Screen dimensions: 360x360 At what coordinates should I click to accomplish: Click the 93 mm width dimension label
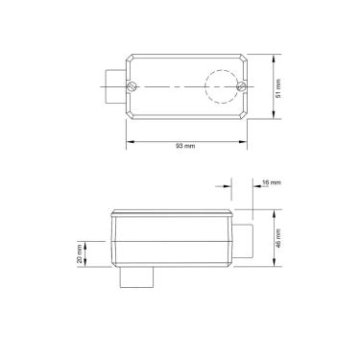[x=184, y=146]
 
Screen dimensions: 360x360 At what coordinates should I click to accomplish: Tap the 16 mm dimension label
[x=272, y=182]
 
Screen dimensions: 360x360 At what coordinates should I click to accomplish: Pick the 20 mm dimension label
[x=79, y=253]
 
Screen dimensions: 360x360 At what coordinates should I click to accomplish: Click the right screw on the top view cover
[x=239, y=87]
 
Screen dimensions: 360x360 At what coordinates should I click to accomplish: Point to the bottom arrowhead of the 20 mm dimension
[x=88, y=266]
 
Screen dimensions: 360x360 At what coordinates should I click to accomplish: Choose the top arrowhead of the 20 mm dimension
[x=88, y=242]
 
